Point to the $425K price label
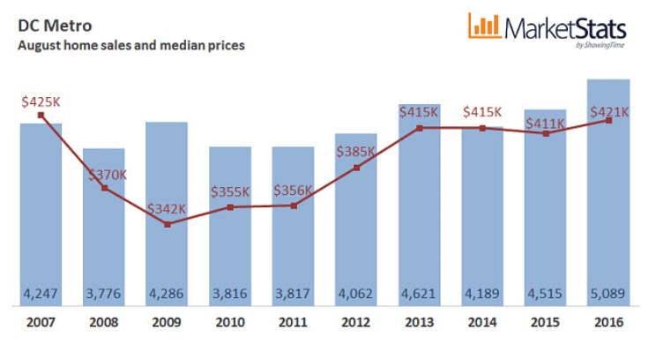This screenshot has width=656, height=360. (x=41, y=101)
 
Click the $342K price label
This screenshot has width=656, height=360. (x=168, y=209)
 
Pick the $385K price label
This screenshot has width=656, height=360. (x=356, y=151)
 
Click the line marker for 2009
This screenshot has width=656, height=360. (x=168, y=224)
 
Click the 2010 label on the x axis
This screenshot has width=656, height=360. (x=230, y=323)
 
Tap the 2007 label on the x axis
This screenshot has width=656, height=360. (x=41, y=323)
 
